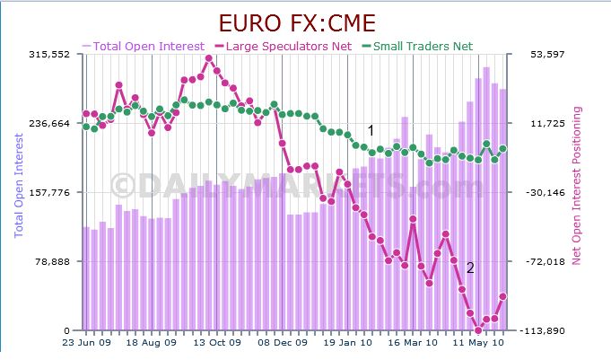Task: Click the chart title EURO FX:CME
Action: pyautogui.click(x=305, y=22)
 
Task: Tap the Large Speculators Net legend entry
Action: pyautogui.click(x=288, y=46)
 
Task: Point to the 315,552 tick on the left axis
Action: pyautogui.click(x=53, y=55)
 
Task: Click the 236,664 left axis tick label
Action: pyautogui.click(x=53, y=124)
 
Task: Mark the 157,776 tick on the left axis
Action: pyautogui.click(x=53, y=193)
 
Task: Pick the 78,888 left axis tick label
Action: pyautogui.click(x=57, y=262)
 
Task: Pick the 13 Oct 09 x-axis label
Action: pyautogui.click(x=219, y=343)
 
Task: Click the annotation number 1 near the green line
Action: pyautogui.click(x=370, y=130)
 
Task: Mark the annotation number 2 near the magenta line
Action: pyautogui.click(x=471, y=268)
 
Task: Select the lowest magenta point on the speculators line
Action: pyautogui.click(x=477, y=329)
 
